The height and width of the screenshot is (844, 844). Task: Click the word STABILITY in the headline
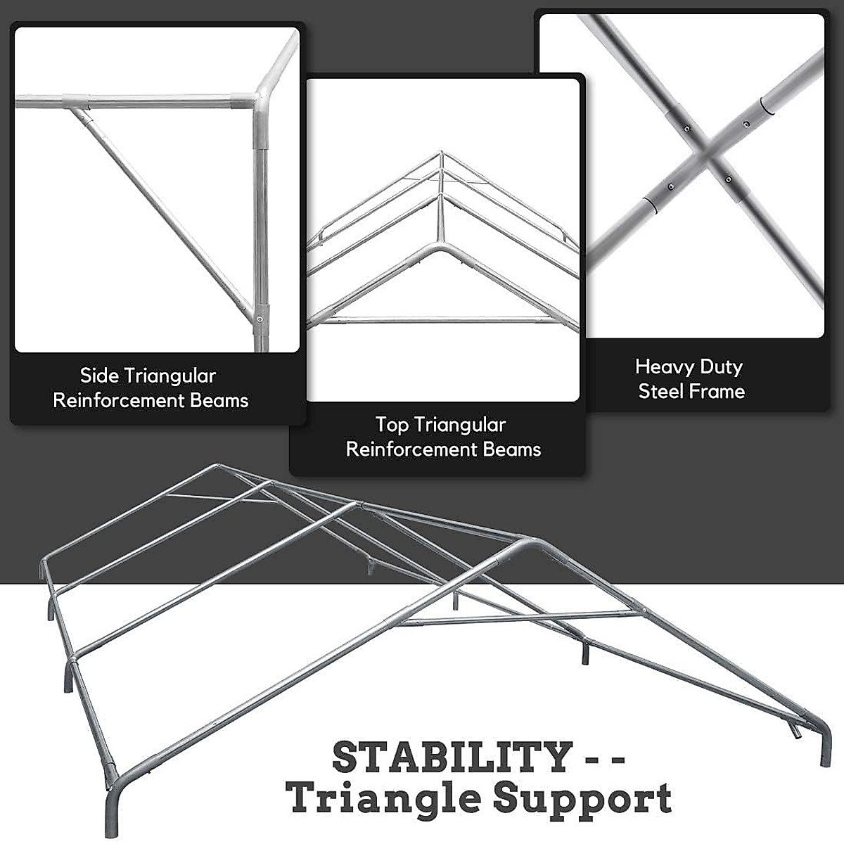(x=451, y=757)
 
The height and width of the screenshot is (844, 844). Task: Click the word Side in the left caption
(x=98, y=376)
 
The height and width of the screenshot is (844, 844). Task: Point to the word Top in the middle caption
(x=392, y=425)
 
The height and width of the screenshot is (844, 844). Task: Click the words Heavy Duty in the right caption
(x=689, y=366)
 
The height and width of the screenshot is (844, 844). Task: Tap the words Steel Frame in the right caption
(x=691, y=391)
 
